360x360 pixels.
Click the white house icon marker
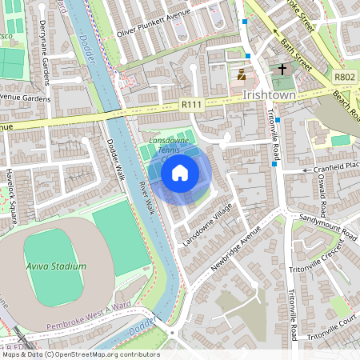click(x=180, y=172)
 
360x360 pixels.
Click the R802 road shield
click(x=345, y=77)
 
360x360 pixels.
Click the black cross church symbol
click(x=281, y=70)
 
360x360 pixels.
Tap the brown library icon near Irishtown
click(x=241, y=75)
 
